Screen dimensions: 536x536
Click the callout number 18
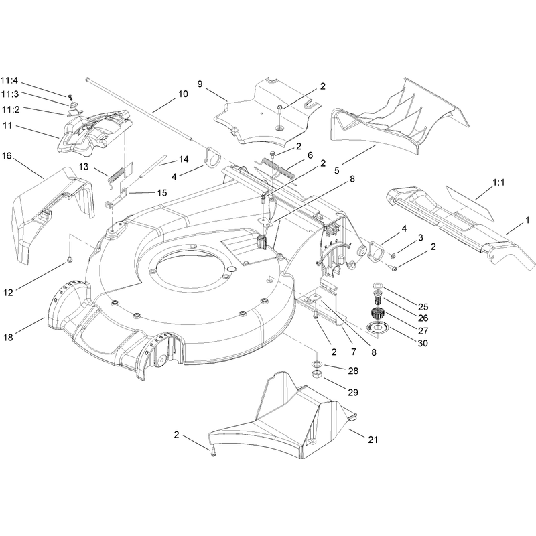8,337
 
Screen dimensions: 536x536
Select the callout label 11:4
9,81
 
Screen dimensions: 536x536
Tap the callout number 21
373,440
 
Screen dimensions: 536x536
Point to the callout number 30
423,343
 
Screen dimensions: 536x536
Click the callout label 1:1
498,182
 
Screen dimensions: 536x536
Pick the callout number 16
7,156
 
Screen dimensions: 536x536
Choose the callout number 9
200,84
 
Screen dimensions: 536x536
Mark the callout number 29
353,393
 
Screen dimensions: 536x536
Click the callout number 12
8,293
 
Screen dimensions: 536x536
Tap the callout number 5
337,170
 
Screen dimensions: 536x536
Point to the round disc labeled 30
377,328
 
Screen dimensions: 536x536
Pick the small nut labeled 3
393,255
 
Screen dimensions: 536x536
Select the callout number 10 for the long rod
183,94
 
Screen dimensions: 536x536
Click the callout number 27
423,330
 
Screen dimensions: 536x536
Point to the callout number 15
162,193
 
